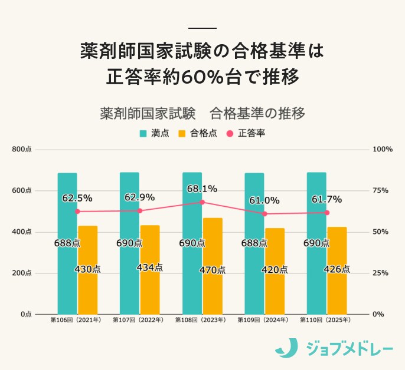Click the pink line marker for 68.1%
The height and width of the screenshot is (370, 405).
pos(202,202)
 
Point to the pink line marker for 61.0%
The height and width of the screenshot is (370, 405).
pos(264,214)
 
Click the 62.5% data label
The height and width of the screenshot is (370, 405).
pos(77,198)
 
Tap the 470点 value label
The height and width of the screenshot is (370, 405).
pos(213,270)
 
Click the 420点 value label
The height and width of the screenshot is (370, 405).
pos(275,270)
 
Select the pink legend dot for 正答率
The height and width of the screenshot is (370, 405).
pos(230,133)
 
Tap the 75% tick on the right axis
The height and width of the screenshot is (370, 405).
pos(380,191)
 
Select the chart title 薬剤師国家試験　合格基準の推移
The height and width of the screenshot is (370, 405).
pos(203,113)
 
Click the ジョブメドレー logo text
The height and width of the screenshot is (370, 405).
pos(350,349)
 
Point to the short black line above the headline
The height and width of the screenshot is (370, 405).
pos(203,28)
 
